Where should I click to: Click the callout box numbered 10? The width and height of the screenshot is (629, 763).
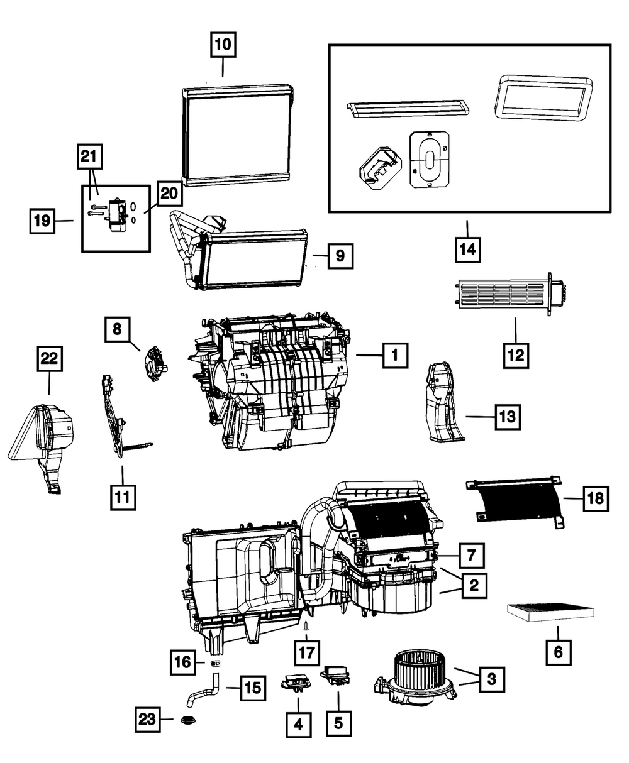pyautogui.click(x=223, y=45)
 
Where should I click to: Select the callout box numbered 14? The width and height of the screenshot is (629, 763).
pyautogui.click(x=468, y=250)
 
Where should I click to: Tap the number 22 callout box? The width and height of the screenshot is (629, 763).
pyautogui.click(x=50, y=358)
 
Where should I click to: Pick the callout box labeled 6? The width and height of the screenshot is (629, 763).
pyautogui.click(x=559, y=652)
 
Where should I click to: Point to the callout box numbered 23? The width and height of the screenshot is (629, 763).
pyautogui.click(x=148, y=719)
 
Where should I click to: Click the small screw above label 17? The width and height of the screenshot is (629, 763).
pyautogui.click(x=306, y=626)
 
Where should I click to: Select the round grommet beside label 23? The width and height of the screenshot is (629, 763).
pyautogui.click(x=188, y=720)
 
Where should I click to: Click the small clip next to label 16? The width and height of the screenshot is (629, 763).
pyautogui.click(x=216, y=663)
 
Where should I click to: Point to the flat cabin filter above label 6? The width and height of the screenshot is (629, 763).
pyautogui.click(x=550, y=613)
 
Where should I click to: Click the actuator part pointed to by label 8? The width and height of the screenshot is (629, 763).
pyautogui.click(x=155, y=365)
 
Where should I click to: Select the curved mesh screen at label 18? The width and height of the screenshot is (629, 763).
pyautogui.click(x=516, y=503)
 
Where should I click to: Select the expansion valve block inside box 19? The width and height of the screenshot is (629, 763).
pyautogui.click(x=118, y=215)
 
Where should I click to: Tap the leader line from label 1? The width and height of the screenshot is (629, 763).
pyautogui.click(x=369, y=355)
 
